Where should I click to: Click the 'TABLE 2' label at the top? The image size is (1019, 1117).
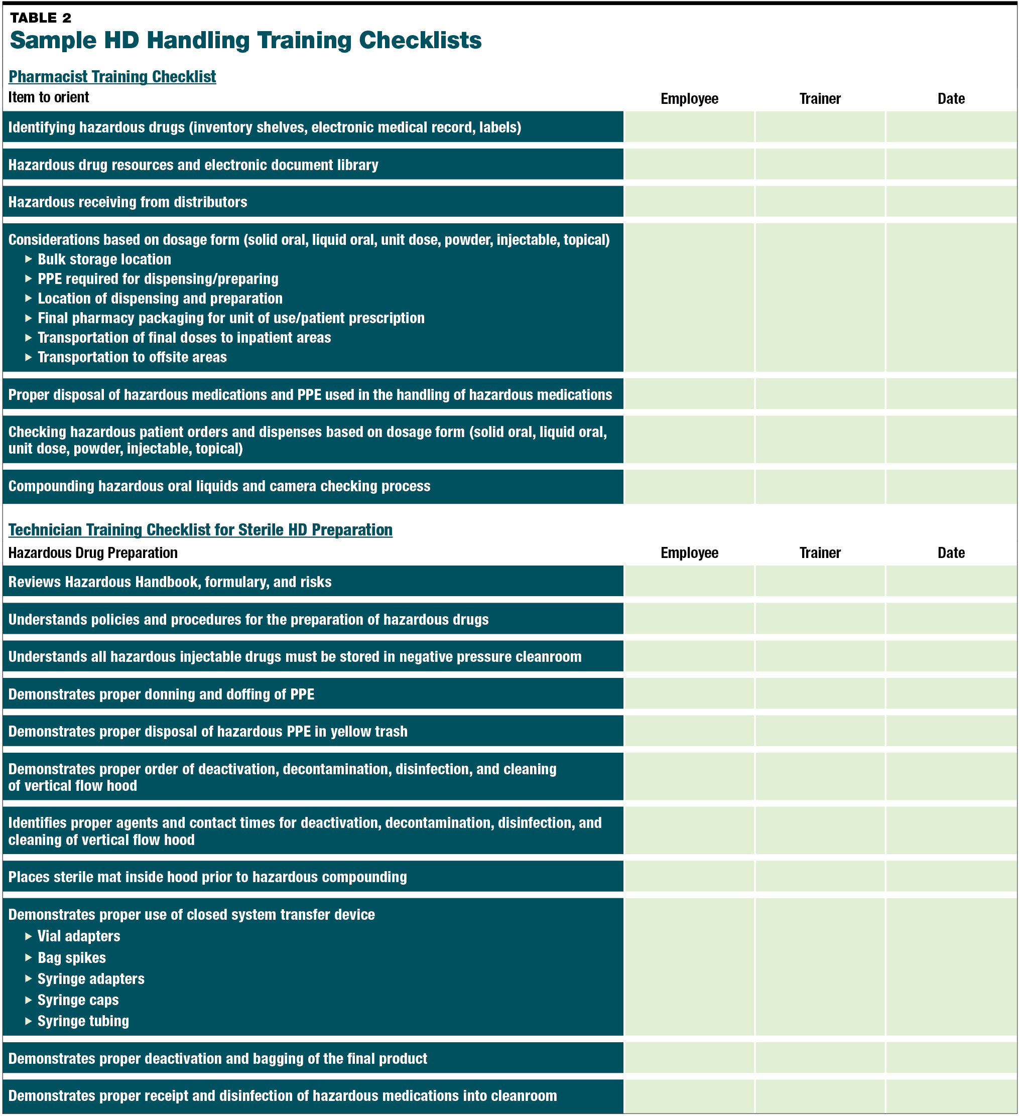(x=41, y=18)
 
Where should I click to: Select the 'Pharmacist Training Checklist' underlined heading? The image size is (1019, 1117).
(x=112, y=76)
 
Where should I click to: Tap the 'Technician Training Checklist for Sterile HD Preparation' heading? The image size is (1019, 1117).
(x=200, y=530)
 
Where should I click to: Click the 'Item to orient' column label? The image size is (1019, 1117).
(x=48, y=97)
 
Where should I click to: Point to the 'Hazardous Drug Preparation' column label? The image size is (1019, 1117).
(x=92, y=552)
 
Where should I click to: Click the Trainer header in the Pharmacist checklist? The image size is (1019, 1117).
(x=819, y=99)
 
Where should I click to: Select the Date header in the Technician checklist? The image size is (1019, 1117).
(x=951, y=552)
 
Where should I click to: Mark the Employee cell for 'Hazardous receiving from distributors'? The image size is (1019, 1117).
(x=689, y=202)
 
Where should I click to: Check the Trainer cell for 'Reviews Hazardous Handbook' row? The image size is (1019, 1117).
(x=819, y=581)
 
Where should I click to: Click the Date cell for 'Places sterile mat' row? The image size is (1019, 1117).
(x=951, y=877)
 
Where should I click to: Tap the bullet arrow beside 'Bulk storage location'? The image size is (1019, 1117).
(x=28, y=259)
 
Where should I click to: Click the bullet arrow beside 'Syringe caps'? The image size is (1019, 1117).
(x=28, y=1000)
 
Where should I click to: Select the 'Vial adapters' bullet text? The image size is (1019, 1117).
(x=79, y=936)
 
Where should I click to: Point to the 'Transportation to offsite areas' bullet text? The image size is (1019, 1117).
(x=132, y=357)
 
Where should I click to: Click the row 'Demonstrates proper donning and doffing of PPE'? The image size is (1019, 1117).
(x=161, y=694)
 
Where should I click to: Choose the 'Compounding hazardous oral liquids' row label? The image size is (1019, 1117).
(x=219, y=486)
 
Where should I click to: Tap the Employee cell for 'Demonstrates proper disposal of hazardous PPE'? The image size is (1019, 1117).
(x=689, y=732)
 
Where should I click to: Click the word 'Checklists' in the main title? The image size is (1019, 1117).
(x=420, y=41)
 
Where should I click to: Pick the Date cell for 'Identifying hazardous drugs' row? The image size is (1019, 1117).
(x=951, y=127)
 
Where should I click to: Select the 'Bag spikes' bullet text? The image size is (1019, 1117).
(x=71, y=957)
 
